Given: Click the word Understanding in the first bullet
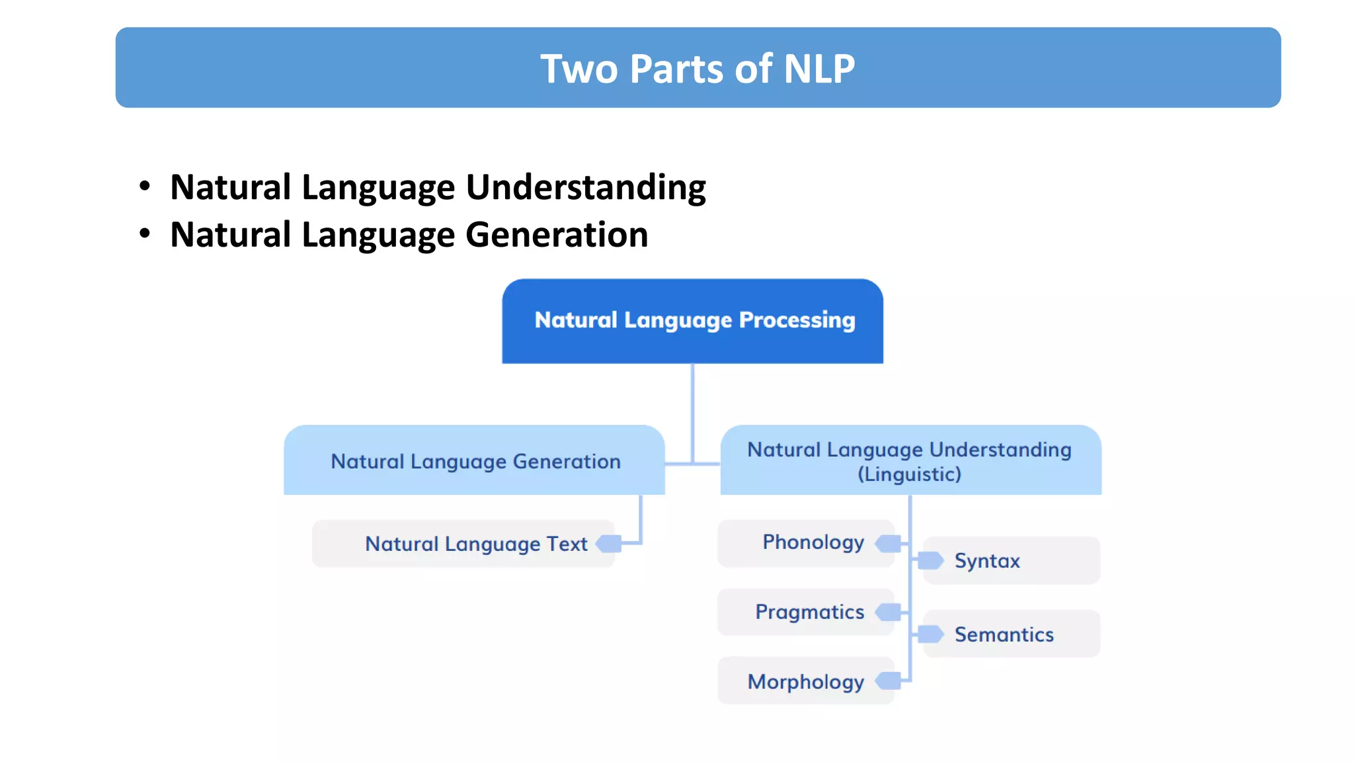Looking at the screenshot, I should pos(586,187).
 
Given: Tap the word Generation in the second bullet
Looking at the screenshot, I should pos(557,235).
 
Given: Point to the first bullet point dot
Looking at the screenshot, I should pos(145,186).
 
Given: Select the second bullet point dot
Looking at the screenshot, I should pos(145,233).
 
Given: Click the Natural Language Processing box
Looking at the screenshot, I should pos(693,321).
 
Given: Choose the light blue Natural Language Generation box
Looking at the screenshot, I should pos(475,461).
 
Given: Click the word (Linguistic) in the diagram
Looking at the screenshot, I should pos(909,474).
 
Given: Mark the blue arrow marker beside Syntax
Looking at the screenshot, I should pos(930,561).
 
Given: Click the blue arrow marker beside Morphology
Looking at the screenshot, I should pos(889,681).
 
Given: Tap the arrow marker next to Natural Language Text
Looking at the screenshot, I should pos(609,544).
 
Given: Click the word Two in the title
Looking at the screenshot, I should pos(578,69).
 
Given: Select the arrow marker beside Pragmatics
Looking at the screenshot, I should pos(889,613).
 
